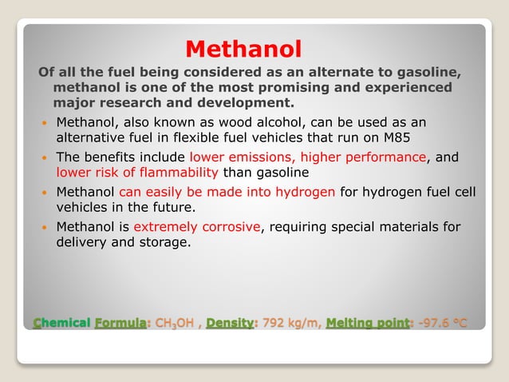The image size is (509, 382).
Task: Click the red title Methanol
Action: coord(243,50)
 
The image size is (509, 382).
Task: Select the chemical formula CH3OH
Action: coord(175,324)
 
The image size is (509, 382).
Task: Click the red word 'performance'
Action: coord(389,157)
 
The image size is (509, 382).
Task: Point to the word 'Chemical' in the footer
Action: coord(61,324)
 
